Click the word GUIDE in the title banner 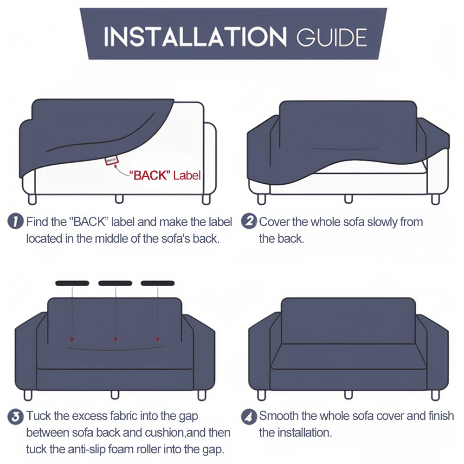(332, 37)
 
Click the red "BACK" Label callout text (165, 175)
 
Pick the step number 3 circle (16, 416)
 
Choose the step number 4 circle (249, 416)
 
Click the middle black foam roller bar (115, 283)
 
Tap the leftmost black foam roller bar (72, 283)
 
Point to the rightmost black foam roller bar (158, 283)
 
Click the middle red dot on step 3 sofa (116, 338)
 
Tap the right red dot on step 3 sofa (158, 338)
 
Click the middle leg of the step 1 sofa (119, 199)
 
